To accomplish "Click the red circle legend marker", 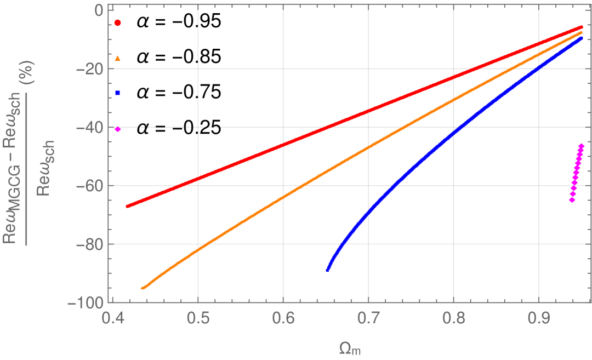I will (118, 23).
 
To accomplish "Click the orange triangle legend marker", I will (118, 58).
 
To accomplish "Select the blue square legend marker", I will (118, 93).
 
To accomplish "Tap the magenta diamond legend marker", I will (118, 129).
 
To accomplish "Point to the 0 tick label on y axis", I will (99, 10).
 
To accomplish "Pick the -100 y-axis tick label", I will (88, 302).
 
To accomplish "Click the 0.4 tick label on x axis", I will (113, 317).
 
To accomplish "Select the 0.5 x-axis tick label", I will (198, 317).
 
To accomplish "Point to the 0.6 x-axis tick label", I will (283, 317).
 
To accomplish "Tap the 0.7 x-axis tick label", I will (368, 317).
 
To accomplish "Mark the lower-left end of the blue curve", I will (328, 269).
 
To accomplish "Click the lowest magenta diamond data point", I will (572, 200).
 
